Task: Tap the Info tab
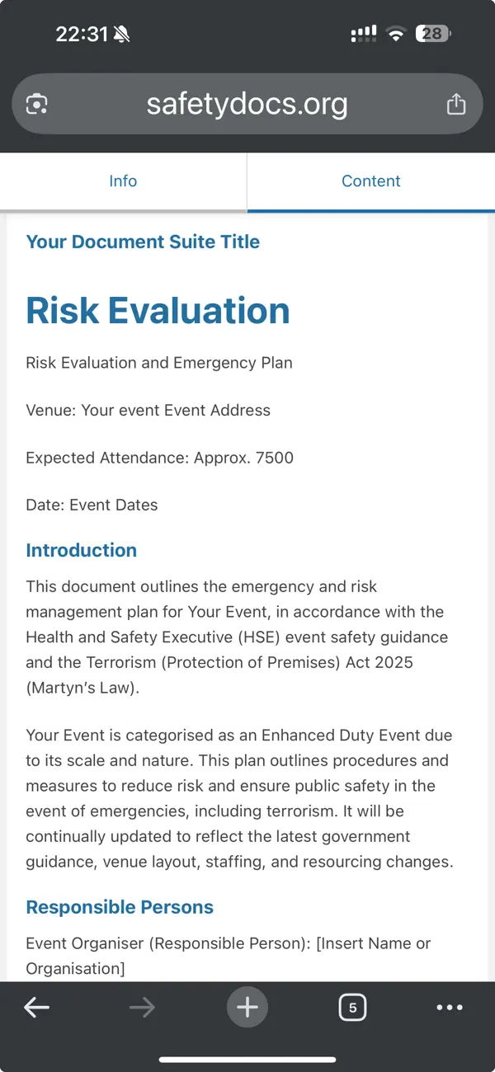123,181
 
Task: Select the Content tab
370,181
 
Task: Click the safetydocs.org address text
247,105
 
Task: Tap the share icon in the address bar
455,105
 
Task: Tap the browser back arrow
36,1007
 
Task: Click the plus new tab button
247,1007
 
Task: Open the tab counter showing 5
352,1007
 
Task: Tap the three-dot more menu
450,1007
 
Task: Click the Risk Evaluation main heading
158,311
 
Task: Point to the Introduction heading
81,550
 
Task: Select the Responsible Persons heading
120,907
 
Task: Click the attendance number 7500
275,458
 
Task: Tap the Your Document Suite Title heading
143,242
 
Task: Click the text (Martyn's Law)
82,688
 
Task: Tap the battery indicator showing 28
434,34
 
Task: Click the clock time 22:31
82,34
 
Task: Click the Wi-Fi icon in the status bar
397,34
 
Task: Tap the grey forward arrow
142,1007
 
